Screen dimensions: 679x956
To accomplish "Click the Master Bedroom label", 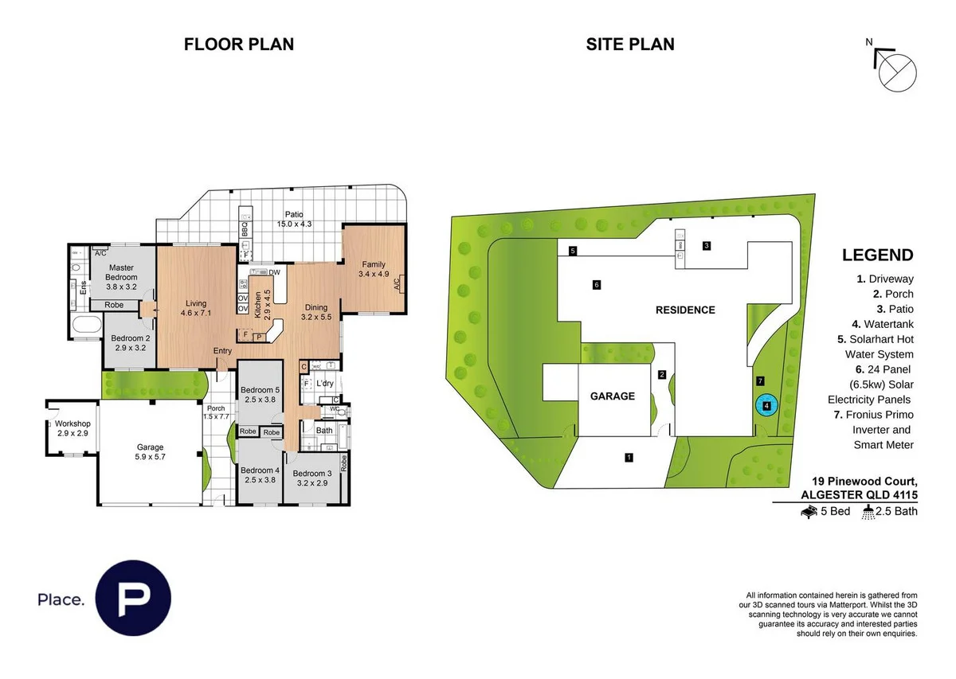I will click(x=122, y=272).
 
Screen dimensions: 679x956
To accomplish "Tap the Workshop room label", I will click(x=73, y=423).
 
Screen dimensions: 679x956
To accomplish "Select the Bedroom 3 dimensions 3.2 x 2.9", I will click(x=311, y=482).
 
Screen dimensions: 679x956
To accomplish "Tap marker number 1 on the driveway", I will click(x=629, y=458).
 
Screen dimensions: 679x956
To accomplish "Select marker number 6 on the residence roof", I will click(x=596, y=284).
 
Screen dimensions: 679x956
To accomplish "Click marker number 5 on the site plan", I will click(x=573, y=251).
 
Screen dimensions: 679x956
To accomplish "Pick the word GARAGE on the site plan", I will click(x=613, y=396).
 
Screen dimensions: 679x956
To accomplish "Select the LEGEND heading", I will click(x=877, y=256).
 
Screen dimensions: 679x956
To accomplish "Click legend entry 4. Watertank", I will click(x=885, y=324).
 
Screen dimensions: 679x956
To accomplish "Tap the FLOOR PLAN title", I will click(x=239, y=45).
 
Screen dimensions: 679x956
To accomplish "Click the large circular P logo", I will click(x=133, y=599).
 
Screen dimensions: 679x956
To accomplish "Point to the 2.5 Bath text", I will click(x=895, y=511).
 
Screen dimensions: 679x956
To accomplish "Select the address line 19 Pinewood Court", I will click(x=864, y=482).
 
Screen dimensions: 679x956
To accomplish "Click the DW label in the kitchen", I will click(x=274, y=272).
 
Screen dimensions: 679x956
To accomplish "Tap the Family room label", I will click(x=373, y=264).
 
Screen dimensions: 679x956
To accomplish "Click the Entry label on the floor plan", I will click(x=222, y=351).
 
